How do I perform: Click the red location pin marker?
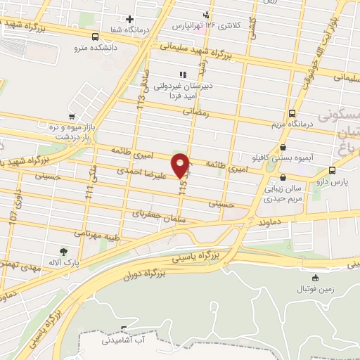tap(181, 165)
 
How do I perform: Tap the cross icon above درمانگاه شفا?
tap(129, 18)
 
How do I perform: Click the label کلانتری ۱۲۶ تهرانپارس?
tap(207, 25)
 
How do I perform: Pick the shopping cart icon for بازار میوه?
tap(71, 117)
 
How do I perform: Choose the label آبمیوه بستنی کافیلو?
tap(283, 159)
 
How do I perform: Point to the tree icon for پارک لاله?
tap(64, 252)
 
